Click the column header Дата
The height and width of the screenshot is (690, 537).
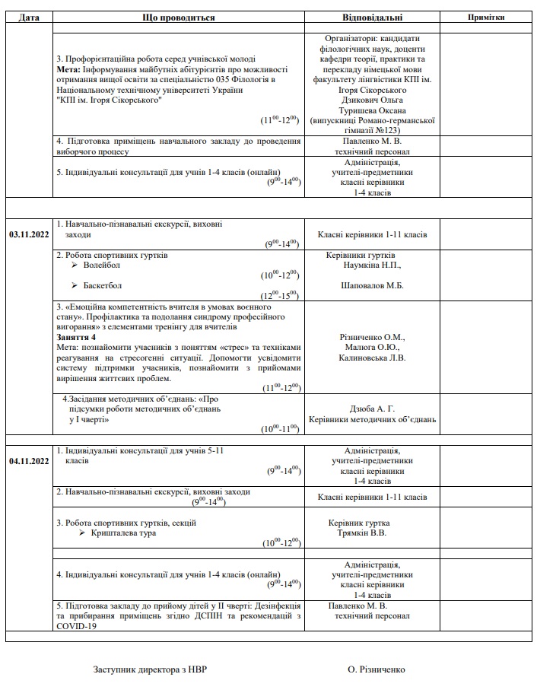click(x=29, y=17)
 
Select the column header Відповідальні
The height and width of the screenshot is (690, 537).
click(x=372, y=17)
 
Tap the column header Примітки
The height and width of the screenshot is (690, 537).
click(x=487, y=17)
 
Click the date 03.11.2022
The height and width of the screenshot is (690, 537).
click(x=29, y=234)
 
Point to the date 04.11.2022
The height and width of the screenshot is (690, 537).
click(x=29, y=461)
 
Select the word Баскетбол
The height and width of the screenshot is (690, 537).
click(x=103, y=285)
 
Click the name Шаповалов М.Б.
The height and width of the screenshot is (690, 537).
click(x=372, y=285)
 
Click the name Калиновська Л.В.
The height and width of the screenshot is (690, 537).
click(x=372, y=357)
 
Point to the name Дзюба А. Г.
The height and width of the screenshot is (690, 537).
click(x=372, y=409)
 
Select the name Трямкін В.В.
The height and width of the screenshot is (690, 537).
click(x=362, y=533)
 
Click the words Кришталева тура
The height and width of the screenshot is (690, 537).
click(x=124, y=533)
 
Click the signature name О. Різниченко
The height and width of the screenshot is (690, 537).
click(x=377, y=670)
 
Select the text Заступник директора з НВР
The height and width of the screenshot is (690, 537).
click(x=150, y=670)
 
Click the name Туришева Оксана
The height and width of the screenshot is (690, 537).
click(x=372, y=109)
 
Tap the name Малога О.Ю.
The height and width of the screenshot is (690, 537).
click(x=372, y=347)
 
